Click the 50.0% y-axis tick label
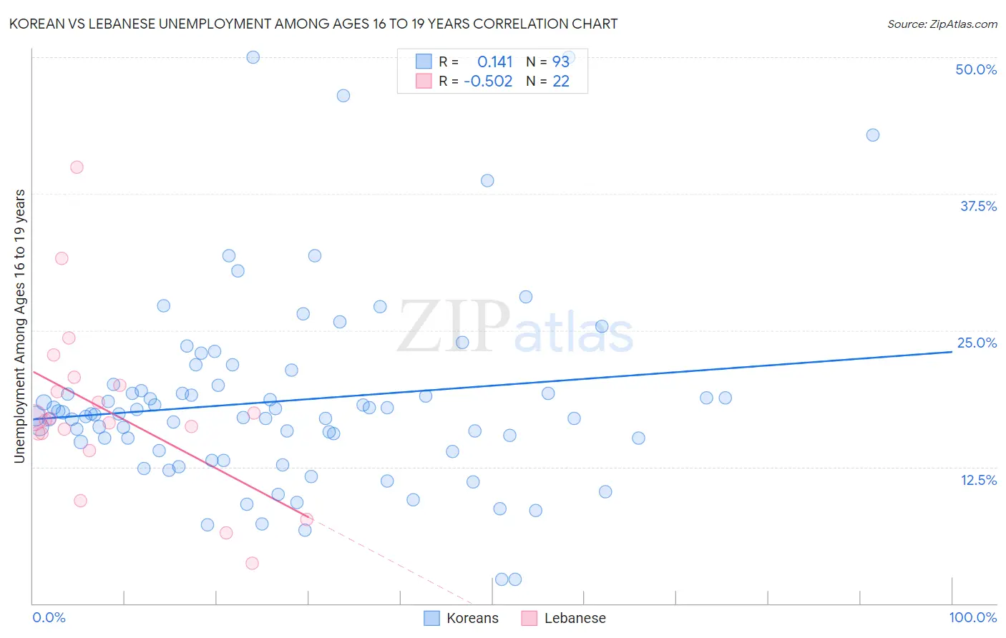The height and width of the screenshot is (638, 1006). point(976,69)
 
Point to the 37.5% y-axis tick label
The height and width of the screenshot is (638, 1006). point(978,206)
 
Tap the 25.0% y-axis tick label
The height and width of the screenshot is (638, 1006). point(977,343)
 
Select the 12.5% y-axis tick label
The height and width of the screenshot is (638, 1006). point(978,480)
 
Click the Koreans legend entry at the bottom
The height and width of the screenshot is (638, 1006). point(462,619)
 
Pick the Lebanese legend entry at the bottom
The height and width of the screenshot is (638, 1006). point(565,619)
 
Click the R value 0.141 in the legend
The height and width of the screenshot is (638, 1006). point(495,62)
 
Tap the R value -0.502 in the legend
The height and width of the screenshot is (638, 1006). point(488,82)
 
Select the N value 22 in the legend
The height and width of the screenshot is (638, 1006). point(561,82)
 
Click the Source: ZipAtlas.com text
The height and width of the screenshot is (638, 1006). point(942,24)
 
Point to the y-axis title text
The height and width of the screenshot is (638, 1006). point(19,325)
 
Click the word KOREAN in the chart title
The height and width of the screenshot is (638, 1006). point(35,24)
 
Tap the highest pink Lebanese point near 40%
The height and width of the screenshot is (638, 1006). point(77,167)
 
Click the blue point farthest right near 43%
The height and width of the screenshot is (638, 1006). point(872,135)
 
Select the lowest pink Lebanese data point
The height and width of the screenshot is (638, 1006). point(252,564)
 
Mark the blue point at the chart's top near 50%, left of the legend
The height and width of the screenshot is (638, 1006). point(253,57)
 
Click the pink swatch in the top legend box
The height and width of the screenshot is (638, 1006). point(424,81)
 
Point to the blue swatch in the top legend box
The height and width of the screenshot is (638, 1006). point(424,62)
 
